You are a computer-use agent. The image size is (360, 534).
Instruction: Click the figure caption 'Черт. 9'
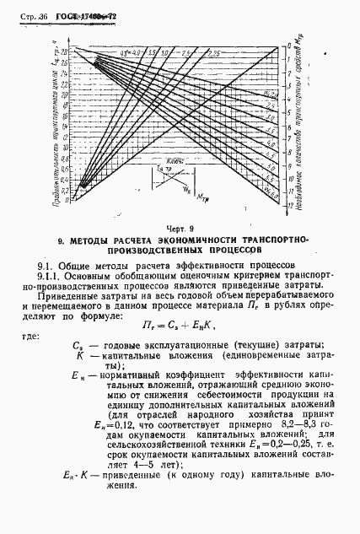[x=180, y=228]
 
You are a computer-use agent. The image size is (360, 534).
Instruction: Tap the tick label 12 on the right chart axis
[x=289, y=205]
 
